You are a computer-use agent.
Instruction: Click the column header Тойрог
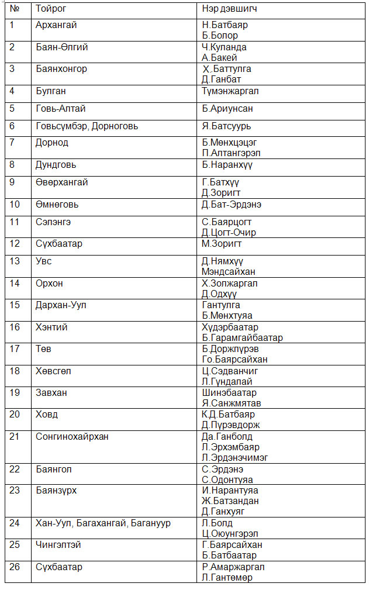[51, 9]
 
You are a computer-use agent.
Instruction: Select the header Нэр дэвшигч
[229, 9]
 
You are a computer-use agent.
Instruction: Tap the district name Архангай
[56, 25]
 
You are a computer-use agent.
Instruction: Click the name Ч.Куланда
[224, 47]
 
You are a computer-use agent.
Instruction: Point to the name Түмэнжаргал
[230, 91]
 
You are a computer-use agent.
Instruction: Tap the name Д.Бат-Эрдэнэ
[232, 205]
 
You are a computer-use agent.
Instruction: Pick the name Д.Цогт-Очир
[229, 233]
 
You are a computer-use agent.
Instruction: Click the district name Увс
[44, 261]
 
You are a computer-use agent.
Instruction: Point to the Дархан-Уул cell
[57, 305]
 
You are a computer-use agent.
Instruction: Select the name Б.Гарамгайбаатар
[243, 338]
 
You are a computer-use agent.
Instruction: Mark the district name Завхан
[51, 393]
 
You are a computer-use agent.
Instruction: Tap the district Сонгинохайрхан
[72, 437]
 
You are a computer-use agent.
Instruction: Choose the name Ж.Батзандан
[230, 501]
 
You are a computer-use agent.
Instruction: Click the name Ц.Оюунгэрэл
[230, 534]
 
